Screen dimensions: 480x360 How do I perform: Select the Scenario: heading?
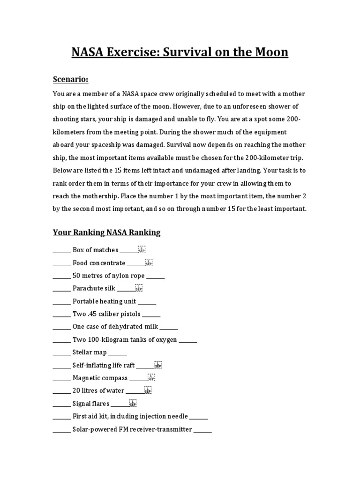pyautogui.click(x=70, y=80)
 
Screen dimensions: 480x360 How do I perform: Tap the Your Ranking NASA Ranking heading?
pyautogui.click(x=106, y=232)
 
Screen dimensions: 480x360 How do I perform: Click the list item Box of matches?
pyautogui.click(x=95, y=250)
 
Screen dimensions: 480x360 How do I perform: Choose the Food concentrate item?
pyautogui.click(x=99, y=263)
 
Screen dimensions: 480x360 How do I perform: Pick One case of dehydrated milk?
pyautogui.click(x=115, y=327)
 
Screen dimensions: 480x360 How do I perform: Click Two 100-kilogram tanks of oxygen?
pyautogui.click(x=125, y=340)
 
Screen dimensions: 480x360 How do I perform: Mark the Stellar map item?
pyautogui.click(x=90, y=352)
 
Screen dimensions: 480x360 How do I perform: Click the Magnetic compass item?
pyautogui.click(x=100, y=378)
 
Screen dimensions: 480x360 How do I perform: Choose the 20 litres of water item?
pyautogui.click(x=98, y=390)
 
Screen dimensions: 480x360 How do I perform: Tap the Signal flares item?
pyautogui.click(x=91, y=404)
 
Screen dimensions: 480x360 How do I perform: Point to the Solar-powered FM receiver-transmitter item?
pyautogui.click(x=132, y=429)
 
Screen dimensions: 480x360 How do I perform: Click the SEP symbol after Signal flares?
pyautogui.click(x=133, y=403)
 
